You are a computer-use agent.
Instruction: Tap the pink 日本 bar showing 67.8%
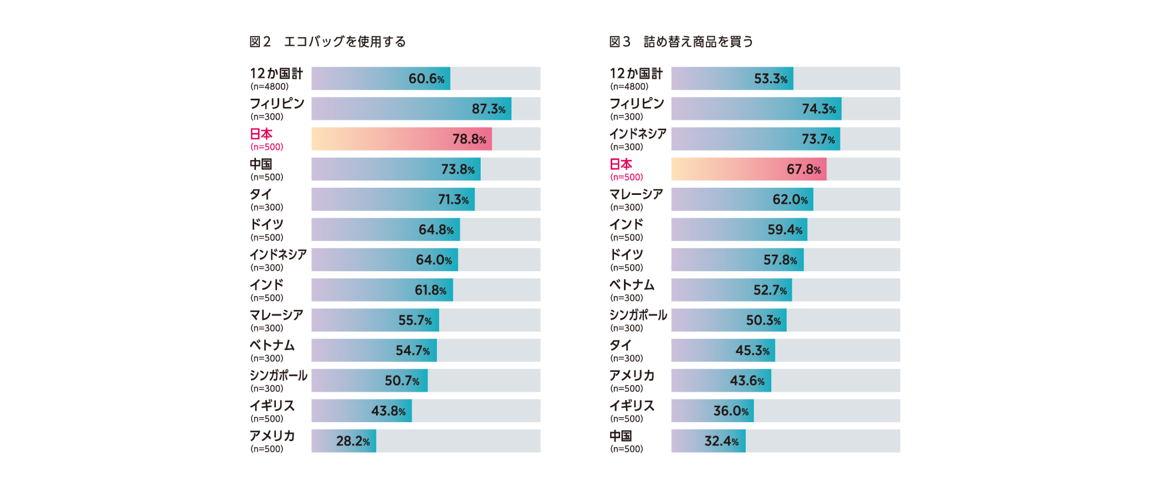pos(748,169)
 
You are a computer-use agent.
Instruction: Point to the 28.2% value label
pos(353,441)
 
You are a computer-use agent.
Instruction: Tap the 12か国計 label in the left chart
pos(276,73)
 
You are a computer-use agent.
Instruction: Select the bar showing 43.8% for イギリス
pos(362,411)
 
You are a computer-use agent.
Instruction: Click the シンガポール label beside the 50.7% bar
pos(278,375)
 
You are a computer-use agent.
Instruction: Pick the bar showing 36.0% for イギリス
pos(712,411)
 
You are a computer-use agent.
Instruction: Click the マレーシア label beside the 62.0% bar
pos(636,194)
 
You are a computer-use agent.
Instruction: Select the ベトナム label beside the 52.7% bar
pos(631,285)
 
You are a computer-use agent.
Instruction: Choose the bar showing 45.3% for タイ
pos(723,350)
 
